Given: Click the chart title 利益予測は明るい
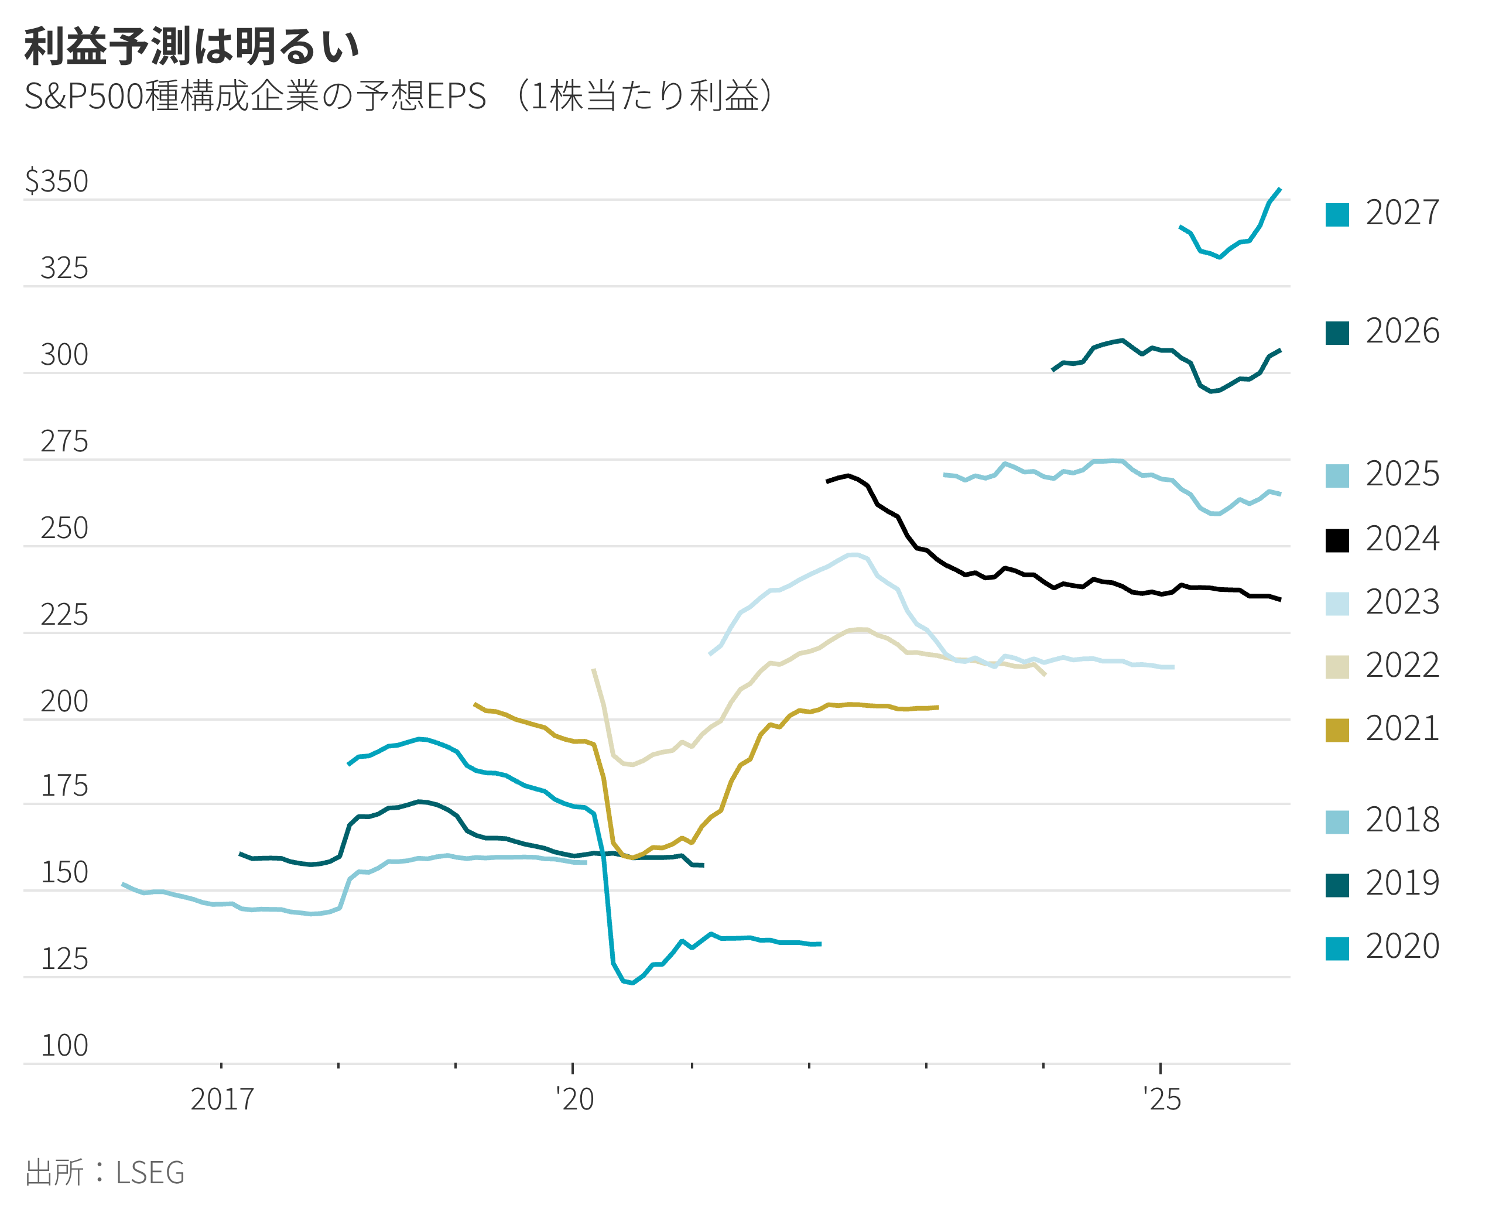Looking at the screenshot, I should pos(191,47).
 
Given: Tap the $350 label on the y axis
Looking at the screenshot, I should pos(56,181).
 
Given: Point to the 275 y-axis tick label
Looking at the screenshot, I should pos(64,441).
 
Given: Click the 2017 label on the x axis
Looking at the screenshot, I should pos(221,1100).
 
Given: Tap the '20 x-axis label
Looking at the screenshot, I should pos(574,1100).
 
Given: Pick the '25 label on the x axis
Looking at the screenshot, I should pos(1162,1100).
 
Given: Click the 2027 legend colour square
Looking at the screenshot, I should pos(1337,214).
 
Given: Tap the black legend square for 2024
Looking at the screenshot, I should pos(1337,540).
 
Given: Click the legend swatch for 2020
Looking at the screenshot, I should pos(1337,948).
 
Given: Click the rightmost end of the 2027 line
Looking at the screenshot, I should pos(1280,189).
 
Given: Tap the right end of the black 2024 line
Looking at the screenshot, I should pos(1280,599).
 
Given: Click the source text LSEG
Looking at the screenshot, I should pos(150,1173).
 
